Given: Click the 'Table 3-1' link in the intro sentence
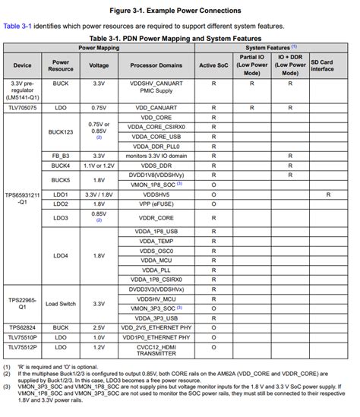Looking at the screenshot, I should [17, 25].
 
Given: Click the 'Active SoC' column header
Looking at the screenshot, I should [213, 66].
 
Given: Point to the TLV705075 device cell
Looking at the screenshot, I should [23, 106].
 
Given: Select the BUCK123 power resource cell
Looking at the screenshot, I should [61, 131].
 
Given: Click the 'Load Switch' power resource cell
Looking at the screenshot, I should [61, 303].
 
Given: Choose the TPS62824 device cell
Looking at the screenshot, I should [23, 327].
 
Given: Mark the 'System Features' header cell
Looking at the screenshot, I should [276, 47].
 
